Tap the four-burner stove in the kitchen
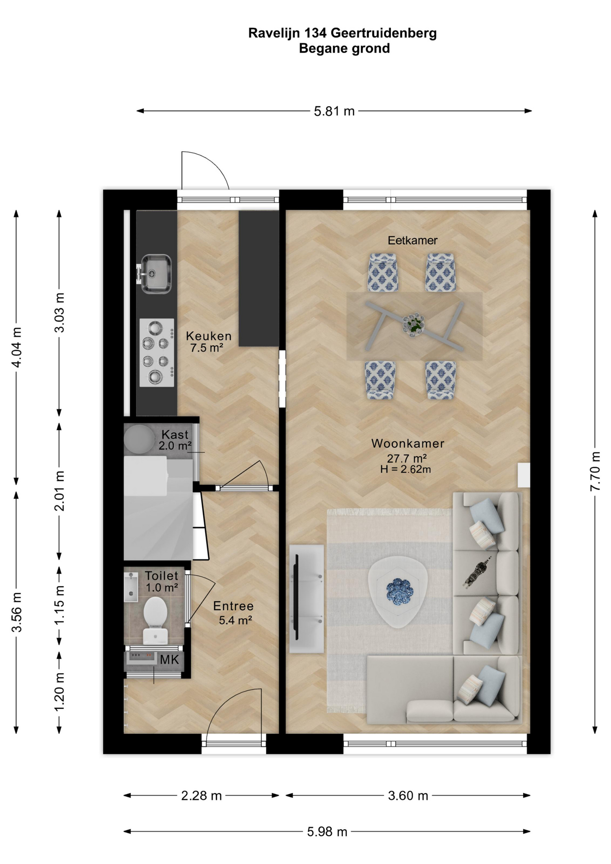(157, 352)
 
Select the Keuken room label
(209, 336)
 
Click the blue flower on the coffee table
(400, 591)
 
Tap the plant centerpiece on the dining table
(413, 324)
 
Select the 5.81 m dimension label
(334, 111)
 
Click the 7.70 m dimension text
(595, 471)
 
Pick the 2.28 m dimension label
(202, 796)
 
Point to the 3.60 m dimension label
(408, 796)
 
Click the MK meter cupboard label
(170, 660)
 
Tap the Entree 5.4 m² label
(234, 613)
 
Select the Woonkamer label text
(408, 443)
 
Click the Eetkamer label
(413, 240)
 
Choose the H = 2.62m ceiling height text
(406, 469)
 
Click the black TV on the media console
(297, 597)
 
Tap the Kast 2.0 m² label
(175, 440)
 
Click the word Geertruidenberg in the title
(384, 34)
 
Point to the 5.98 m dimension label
(327, 832)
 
